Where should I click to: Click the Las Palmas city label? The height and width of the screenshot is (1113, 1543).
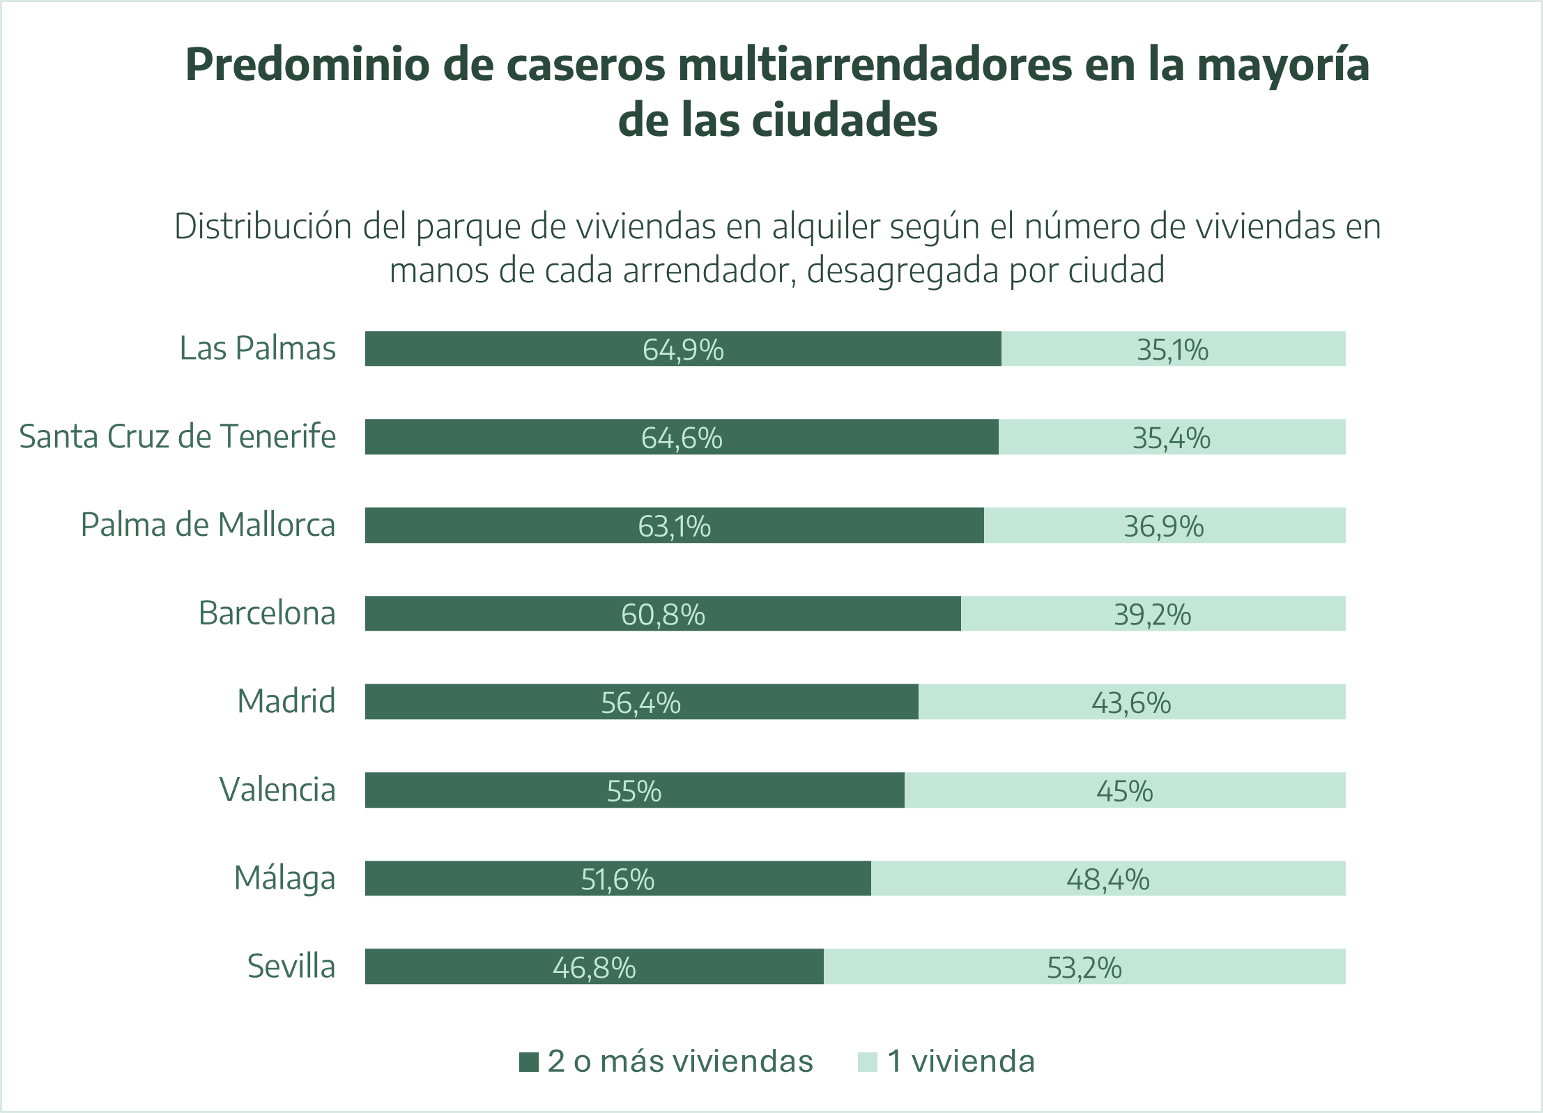point(257,348)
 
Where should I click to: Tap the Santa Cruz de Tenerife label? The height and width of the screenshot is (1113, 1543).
point(177,437)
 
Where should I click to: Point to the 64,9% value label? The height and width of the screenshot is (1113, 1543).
point(683,349)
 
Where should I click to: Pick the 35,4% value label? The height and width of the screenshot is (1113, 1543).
point(1171,438)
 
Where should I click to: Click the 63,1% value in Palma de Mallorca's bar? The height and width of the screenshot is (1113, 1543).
point(674,526)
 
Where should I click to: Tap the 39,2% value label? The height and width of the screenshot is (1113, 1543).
point(1152,615)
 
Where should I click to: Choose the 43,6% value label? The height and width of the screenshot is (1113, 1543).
point(1130,703)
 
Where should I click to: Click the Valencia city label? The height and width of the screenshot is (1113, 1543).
point(277,790)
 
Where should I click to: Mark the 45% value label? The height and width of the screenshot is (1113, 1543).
point(1124,791)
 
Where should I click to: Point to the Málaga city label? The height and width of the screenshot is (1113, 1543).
point(284,878)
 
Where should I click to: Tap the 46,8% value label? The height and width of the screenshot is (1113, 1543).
point(594,967)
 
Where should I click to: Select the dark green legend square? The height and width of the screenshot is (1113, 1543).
point(529,1062)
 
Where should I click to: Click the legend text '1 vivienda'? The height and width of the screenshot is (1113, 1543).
point(960,1061)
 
